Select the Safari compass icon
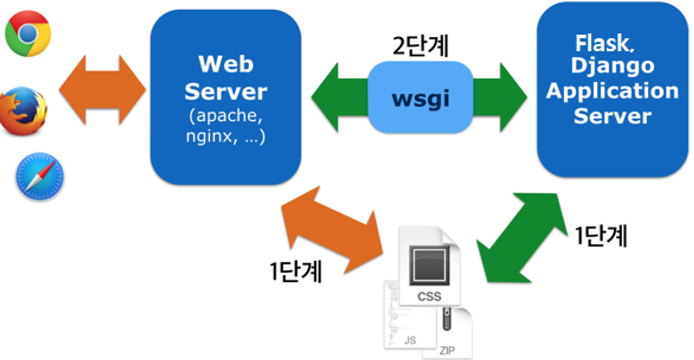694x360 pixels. [x=39, y=176]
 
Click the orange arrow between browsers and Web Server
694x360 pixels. [x=103, y=90]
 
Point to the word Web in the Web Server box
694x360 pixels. [x=225, y=63]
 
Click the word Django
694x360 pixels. [x=613, y=66]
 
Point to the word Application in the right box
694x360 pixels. [x=613, y=91]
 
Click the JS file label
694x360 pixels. [x=410, y=341]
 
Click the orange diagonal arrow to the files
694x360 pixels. [x=330, y=226]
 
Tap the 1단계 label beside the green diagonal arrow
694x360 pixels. [x=601, y=235]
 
